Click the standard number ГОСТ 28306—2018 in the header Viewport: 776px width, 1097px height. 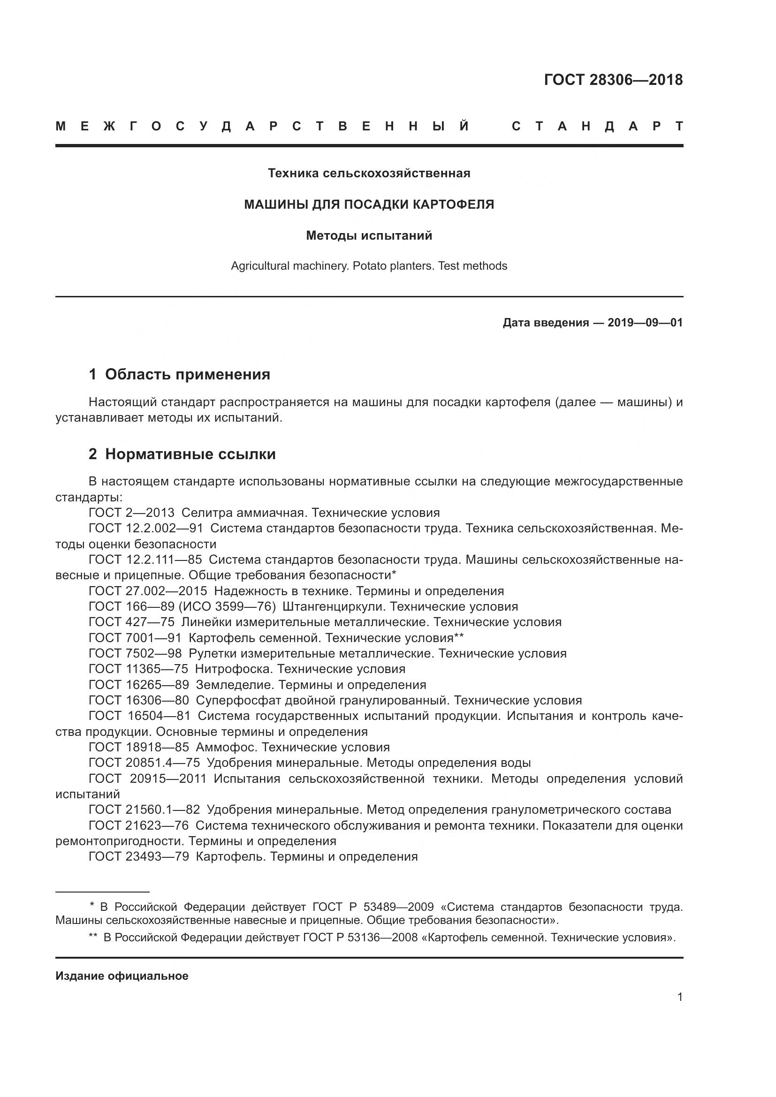pyautogui.click(x=613, y=80)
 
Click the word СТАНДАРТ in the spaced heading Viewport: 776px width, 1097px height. pyautogui.click(x=597, y=127)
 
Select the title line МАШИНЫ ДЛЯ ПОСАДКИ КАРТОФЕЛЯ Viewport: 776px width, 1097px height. pyautogui.click(x=369, y=204)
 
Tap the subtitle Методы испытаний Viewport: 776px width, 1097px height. pyautogui.click(x=369, y=235)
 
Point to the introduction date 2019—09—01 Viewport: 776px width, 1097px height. pyautogui.click(x=645, y=323)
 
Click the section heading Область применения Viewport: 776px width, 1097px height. pyautogui.click(x=187, y=375)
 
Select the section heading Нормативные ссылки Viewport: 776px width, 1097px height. pyautogui.click(x=190, y=454)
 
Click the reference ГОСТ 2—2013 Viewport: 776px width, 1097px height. pyautogui.click(x=131, y=513)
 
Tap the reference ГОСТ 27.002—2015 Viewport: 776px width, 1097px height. pyautogui.click(x=148, y=591)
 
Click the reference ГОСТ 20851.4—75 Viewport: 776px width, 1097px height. pyautogui.click(x=145, y=763)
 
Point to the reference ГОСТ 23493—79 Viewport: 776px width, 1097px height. pyautogui.click(x=138, y=857)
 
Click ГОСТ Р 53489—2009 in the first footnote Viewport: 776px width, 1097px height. pyautogui.click(x=373, y=908)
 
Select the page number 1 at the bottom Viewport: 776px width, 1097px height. pyautogui.click(x=679, y=997)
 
